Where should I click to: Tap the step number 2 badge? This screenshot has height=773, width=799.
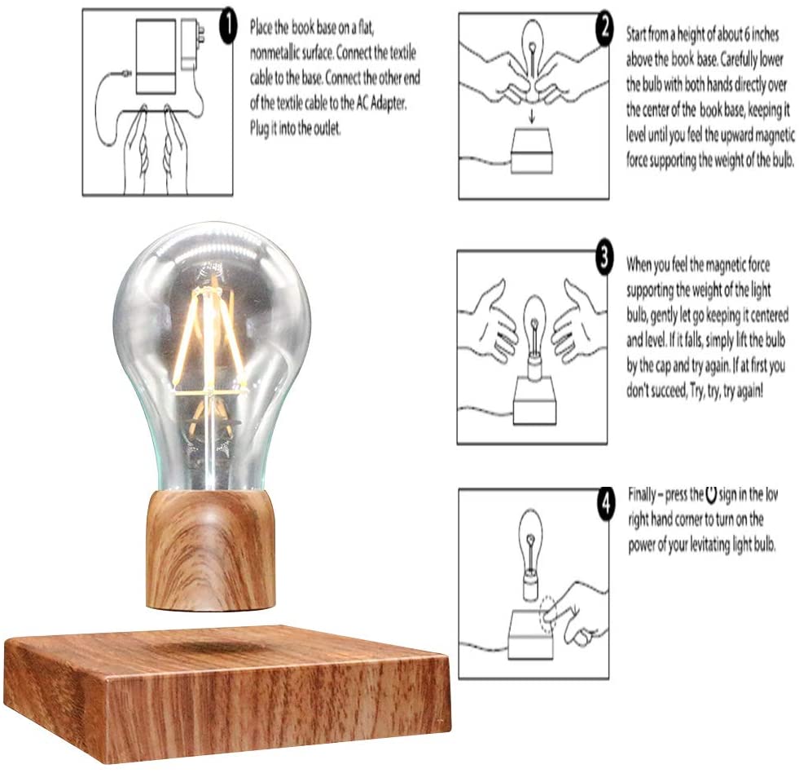[604, 29]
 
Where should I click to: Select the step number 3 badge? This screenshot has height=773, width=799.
[604, 258]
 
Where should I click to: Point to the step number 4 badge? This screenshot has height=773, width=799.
[606, 504]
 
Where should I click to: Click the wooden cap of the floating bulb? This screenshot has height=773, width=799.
[210, 550]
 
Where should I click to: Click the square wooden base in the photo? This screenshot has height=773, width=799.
[228, 694]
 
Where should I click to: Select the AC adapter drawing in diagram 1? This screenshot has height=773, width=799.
[191, 45]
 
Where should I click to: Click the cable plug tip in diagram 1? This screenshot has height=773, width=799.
[125, 74]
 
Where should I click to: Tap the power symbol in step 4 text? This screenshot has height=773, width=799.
[711, 494]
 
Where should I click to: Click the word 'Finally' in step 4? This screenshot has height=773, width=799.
[642, 494]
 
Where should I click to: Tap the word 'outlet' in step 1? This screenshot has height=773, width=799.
[326, 129]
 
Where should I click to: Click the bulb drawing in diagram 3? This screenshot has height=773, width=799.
[534, 337]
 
